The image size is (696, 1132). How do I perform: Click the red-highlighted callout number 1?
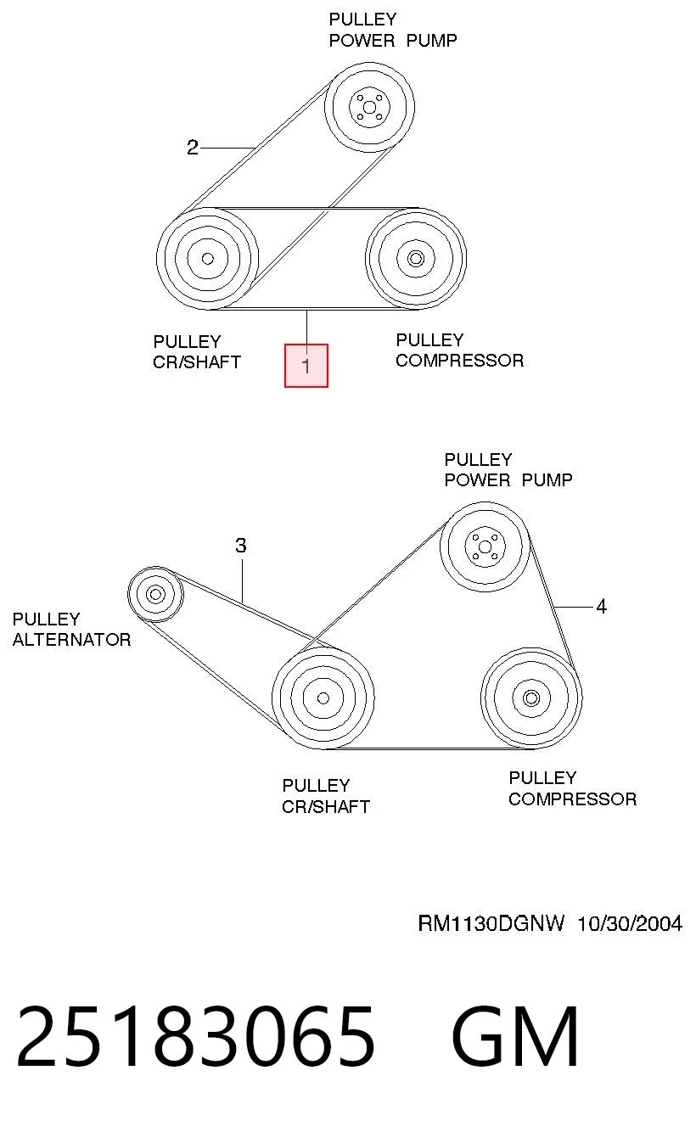[x=306, y=366]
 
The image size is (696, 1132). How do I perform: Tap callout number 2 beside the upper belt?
[x=192, y=148]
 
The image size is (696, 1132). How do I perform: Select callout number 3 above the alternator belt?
[x=241, y=546]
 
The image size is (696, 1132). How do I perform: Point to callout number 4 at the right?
[x=601, y=606]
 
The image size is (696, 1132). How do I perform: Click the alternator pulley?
[x=155, y=594]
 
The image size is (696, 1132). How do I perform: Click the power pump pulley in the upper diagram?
[x=369, y=107]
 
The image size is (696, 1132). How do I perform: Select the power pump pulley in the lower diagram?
[x=485, y=546]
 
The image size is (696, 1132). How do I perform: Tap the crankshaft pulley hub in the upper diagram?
[x=207, y=259]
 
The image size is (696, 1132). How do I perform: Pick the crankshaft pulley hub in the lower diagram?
[x=323, y=698]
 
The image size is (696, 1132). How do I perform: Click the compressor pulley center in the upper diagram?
[x=416, y=259]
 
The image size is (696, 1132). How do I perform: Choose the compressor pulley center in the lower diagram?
[x=531, y=698]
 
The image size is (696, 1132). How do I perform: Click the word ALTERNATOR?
[x=72, y=640]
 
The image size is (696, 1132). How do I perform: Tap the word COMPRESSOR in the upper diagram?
[x=459, y=361]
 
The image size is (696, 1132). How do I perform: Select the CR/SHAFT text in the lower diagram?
[x=326, y=806]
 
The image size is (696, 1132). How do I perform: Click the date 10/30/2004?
[x=630, y=924]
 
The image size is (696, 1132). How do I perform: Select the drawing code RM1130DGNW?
[x=491, y=924]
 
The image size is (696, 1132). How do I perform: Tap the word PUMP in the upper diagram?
[x=432, y=41]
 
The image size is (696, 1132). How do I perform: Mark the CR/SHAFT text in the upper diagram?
[x=197, y=362]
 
